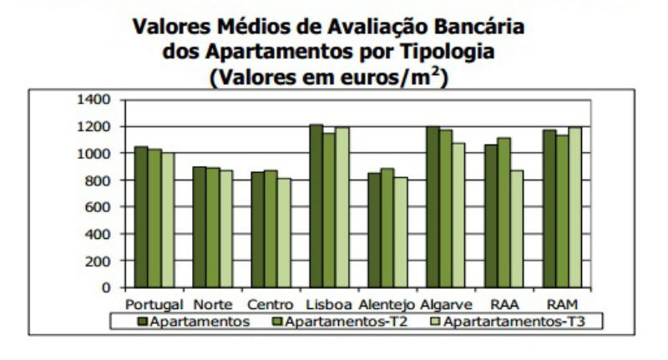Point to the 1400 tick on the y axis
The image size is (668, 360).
click(95, 99)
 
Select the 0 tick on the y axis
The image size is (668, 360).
click(107, 287)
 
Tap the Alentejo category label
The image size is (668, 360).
click(388, 303)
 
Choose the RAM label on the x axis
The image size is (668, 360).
click(564, 303)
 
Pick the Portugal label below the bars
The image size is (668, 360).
click(154, 303)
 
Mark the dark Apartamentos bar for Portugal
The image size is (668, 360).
click(141, 216)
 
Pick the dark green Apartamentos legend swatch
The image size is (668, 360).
click(143, 320)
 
